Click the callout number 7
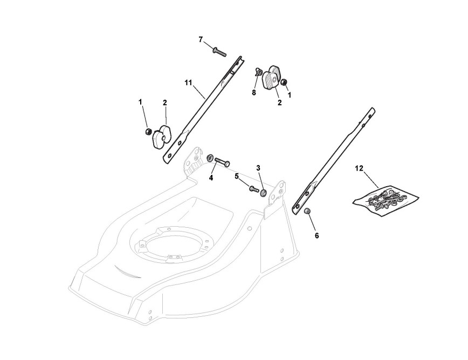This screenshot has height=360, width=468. coord(201,39)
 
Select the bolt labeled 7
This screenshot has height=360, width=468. coord(219,52)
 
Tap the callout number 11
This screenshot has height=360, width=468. coord(188,83)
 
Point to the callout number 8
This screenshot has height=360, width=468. coord(253,93)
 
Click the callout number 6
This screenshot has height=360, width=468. coord(316,235)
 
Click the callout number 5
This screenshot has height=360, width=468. coord(236,175)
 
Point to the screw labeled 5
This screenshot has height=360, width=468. coord(254,188)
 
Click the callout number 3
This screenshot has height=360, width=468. coord(258,168)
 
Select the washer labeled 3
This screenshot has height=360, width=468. coord(264,193)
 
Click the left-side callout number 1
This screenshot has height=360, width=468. coord(140,101)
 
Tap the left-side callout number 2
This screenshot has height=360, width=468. coord(164,103)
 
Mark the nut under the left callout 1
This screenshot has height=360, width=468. coord(147,132)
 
